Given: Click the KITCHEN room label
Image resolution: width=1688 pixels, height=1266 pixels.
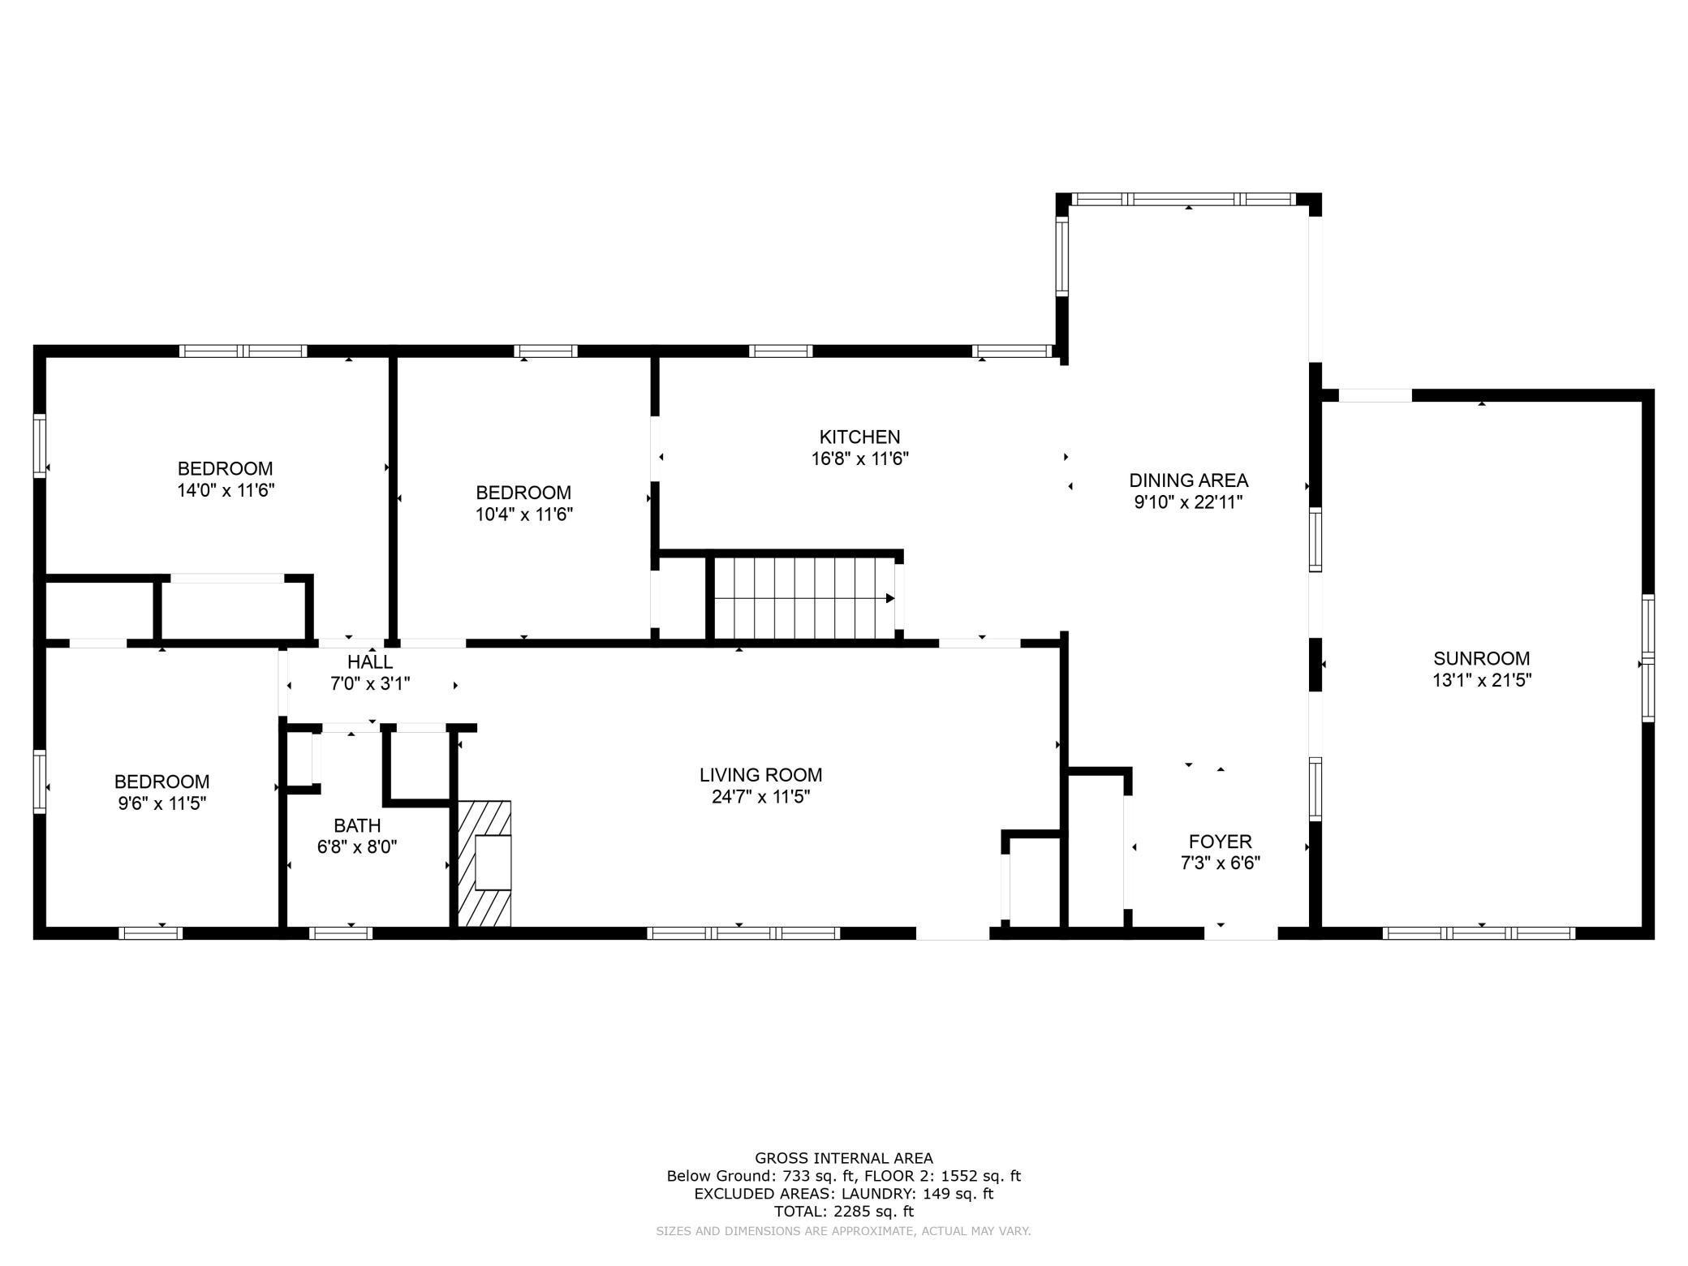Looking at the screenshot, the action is click(859, 437).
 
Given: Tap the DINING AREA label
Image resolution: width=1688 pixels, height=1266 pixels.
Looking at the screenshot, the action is click(1188, 480).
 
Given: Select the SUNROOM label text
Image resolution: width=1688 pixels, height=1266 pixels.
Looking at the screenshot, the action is click(1481, 658).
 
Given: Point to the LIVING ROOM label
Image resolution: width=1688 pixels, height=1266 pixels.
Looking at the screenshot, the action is click(761, 775).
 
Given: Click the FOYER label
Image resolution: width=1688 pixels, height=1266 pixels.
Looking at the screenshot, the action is click(1220, 842).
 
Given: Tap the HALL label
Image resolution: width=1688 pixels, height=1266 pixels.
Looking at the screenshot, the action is click(370, 662).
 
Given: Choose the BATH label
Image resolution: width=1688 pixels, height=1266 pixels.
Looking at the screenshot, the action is click(357, 825).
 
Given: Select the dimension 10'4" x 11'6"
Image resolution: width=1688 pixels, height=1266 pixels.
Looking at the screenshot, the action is click(524, 514).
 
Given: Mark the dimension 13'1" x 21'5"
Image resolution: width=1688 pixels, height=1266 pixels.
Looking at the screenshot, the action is click(1481, 680).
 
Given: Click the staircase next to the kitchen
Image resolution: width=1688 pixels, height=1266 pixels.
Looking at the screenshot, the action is click(803, 599).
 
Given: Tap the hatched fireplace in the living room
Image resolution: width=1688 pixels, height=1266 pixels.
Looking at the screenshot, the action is click(485, 863).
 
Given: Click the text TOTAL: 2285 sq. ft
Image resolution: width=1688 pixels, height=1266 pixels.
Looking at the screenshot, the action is click(844, 1212).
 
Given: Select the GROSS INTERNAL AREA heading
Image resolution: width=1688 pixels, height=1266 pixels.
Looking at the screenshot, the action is click(844, 1158).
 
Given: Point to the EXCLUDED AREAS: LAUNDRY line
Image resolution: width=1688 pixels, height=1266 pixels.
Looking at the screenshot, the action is click(844, 1194).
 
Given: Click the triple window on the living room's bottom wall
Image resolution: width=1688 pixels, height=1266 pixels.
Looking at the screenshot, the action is click(743, 933).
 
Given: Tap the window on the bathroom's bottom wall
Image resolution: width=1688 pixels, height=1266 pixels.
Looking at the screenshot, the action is click(341, 933).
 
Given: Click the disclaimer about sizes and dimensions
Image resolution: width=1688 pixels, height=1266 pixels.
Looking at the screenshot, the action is click(844, 1231).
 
